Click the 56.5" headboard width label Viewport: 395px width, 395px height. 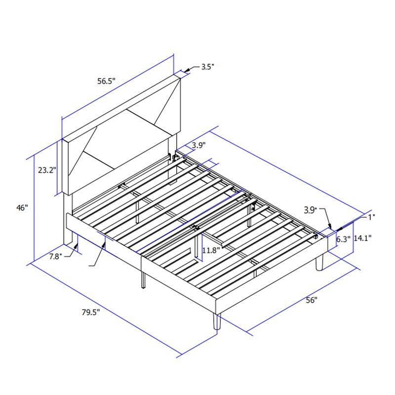point(106,81)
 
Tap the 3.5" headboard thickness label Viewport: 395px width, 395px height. point(207,67)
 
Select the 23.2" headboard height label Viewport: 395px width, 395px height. point(47,170)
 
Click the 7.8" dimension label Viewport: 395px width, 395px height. point(56,256)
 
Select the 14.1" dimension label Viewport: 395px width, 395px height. point(362,238)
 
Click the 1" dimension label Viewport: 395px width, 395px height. point(371,216)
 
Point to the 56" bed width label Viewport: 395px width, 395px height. point(312,300)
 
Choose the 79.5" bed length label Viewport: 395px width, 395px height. point(91,312)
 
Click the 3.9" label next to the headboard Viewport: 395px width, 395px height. point(198,145)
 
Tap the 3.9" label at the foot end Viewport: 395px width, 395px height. point(310,210)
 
